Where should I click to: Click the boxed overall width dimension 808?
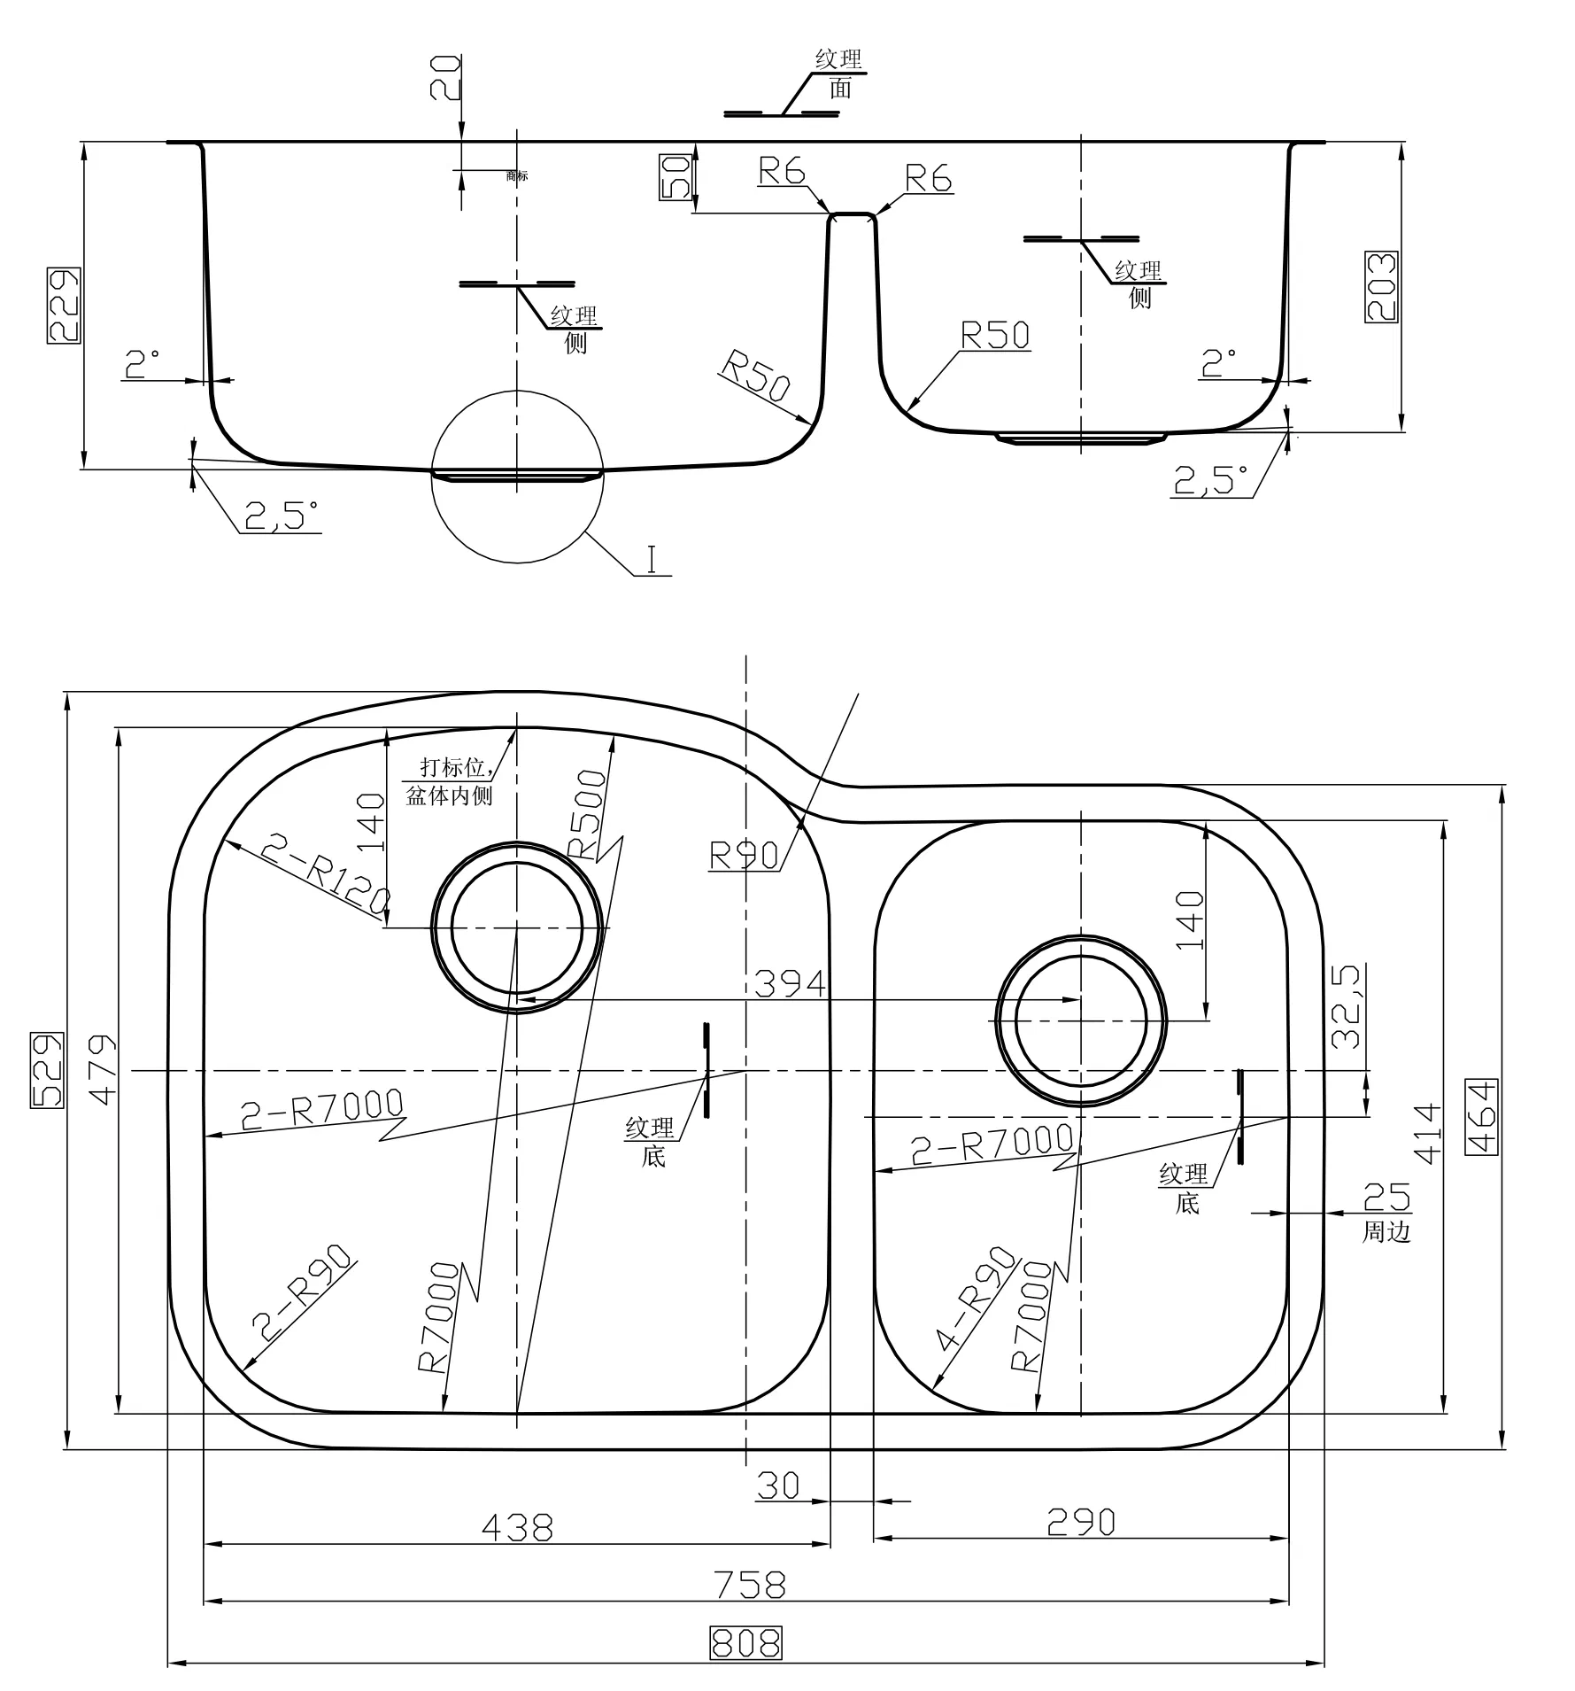(745, 1642)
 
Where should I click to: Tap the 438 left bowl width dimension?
(517, 1526)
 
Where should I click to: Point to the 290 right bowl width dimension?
(1080, 1522)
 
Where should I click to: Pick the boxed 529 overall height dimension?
(48, 1070)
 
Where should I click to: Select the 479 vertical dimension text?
(103, 1069)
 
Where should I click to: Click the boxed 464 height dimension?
(1482, 1116)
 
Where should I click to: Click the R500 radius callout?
(588, 812)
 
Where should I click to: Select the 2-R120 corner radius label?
(324, 877)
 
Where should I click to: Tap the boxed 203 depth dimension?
(1381, 286)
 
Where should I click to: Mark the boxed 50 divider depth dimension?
(676, 176)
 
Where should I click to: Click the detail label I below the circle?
(652, 560)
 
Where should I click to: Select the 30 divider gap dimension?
(778, 1485)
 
